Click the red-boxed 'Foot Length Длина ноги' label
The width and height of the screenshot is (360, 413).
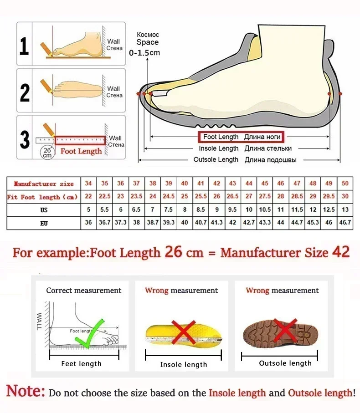tap(241, 137)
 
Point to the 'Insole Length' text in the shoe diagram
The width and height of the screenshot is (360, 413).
tap(219, 148)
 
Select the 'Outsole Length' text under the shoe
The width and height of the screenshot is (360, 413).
tap(216, 159)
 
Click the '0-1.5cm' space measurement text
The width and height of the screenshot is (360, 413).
tap(145, 53)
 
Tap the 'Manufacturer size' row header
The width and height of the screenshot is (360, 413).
tap(44, 184)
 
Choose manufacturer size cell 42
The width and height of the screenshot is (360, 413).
tap(217, 184)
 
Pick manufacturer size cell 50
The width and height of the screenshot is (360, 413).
tap(345, 184)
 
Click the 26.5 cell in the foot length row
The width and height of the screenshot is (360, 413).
tap(233, 197)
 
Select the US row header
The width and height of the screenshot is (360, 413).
tap(44, 210)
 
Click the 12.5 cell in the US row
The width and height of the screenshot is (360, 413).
tap(329, 210)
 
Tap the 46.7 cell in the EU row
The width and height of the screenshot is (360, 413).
tap(345, 223)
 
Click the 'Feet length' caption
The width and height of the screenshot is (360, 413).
tap(81, 363)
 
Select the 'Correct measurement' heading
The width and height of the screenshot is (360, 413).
tap(84, 291)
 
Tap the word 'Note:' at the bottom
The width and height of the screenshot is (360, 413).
tap(26, 392)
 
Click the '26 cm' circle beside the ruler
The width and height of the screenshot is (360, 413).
tap(47, 152)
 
